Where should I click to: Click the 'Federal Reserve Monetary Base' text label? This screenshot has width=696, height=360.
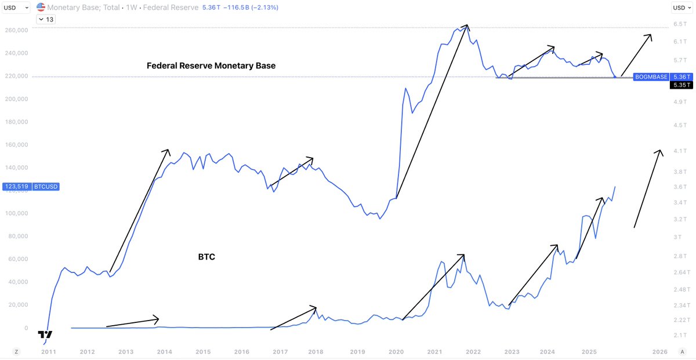pos(211,66)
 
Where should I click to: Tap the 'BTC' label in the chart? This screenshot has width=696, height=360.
pos(206,256)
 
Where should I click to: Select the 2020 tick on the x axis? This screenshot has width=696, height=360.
pos(396,352)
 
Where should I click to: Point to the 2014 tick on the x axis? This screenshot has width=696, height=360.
pos(164,352)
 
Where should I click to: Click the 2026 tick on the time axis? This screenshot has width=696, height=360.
pos(659,352)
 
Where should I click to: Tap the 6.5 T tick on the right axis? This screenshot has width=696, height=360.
pos(680,24)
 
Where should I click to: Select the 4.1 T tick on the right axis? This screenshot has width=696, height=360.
pos(680,151)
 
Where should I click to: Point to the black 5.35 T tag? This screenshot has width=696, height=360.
pos(680,85)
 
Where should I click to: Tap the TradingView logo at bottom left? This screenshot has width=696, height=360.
pos(45,335)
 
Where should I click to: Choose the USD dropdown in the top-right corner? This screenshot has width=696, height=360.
pos(680,8)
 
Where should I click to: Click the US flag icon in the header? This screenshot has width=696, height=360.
pos(41,8)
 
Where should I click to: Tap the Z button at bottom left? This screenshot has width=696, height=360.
pos(16,352)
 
